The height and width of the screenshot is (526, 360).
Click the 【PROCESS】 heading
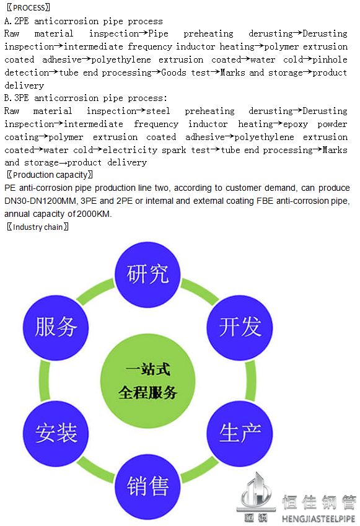click(29, 7)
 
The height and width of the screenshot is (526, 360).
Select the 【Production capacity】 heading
click(50, 175)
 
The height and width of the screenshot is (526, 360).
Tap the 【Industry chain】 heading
click(38, 227)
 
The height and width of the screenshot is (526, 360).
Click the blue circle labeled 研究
click(147, 274)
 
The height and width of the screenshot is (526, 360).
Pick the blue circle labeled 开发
click(240, 328)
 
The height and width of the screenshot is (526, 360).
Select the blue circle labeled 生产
click(240, 434)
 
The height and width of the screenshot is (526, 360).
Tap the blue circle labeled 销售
click(147, 486)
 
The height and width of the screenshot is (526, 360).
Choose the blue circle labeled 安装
click(56, 434)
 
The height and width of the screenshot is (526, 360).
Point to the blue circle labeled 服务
click(56, 328)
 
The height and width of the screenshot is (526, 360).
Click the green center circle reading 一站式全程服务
click(147, 381)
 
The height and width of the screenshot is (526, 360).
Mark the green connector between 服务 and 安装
click(44, 381)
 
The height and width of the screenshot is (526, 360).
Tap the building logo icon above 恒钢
click(256, 491)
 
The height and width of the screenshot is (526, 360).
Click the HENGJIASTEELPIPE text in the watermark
click(318, 519)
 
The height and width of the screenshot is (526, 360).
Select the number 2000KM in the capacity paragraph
click(94, 214)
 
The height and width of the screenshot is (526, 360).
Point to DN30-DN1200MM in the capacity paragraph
click(41, 201)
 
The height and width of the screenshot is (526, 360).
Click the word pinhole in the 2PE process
click(330, 59)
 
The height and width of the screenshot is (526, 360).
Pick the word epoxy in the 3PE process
click(295, 125)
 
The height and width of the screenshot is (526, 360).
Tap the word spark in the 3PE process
click(173, 151)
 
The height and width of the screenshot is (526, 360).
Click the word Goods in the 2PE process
click(173, 72)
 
